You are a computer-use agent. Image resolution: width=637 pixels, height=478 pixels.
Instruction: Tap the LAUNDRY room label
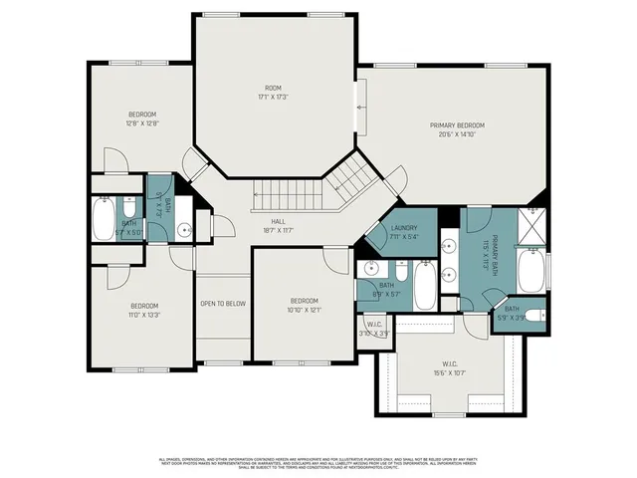tap(403, 228)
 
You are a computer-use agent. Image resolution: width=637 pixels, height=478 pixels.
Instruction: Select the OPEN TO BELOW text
tap(223, 303)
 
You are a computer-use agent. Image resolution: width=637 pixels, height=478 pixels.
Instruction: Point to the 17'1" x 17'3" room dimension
tap(272, 98)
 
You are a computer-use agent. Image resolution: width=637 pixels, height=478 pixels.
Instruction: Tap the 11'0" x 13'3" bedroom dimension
tap(144, 315)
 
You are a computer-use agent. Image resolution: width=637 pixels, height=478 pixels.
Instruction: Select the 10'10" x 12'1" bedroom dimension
tap(304, 310)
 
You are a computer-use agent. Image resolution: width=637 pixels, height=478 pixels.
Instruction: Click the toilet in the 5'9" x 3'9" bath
tap(533, 316)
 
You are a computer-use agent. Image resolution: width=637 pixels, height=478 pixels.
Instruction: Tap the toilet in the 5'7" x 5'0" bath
tap(129, 208)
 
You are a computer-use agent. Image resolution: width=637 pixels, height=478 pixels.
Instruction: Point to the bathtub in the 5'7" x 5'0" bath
tap(103, 218)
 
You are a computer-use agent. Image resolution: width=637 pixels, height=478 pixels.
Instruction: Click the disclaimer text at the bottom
tap(318, 462)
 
